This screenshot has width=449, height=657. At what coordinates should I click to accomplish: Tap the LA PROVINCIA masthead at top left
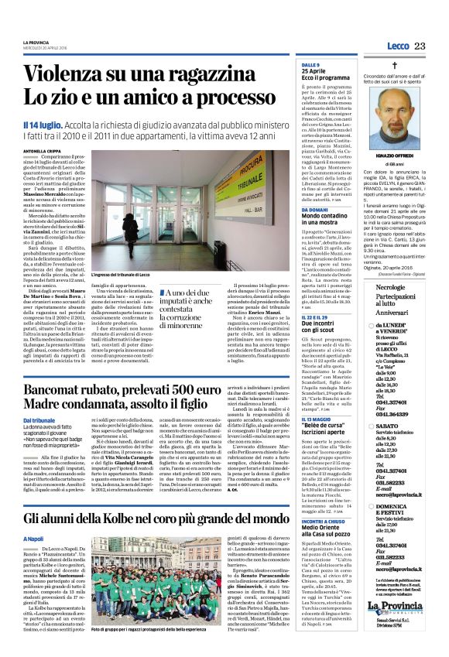point(36,41)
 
